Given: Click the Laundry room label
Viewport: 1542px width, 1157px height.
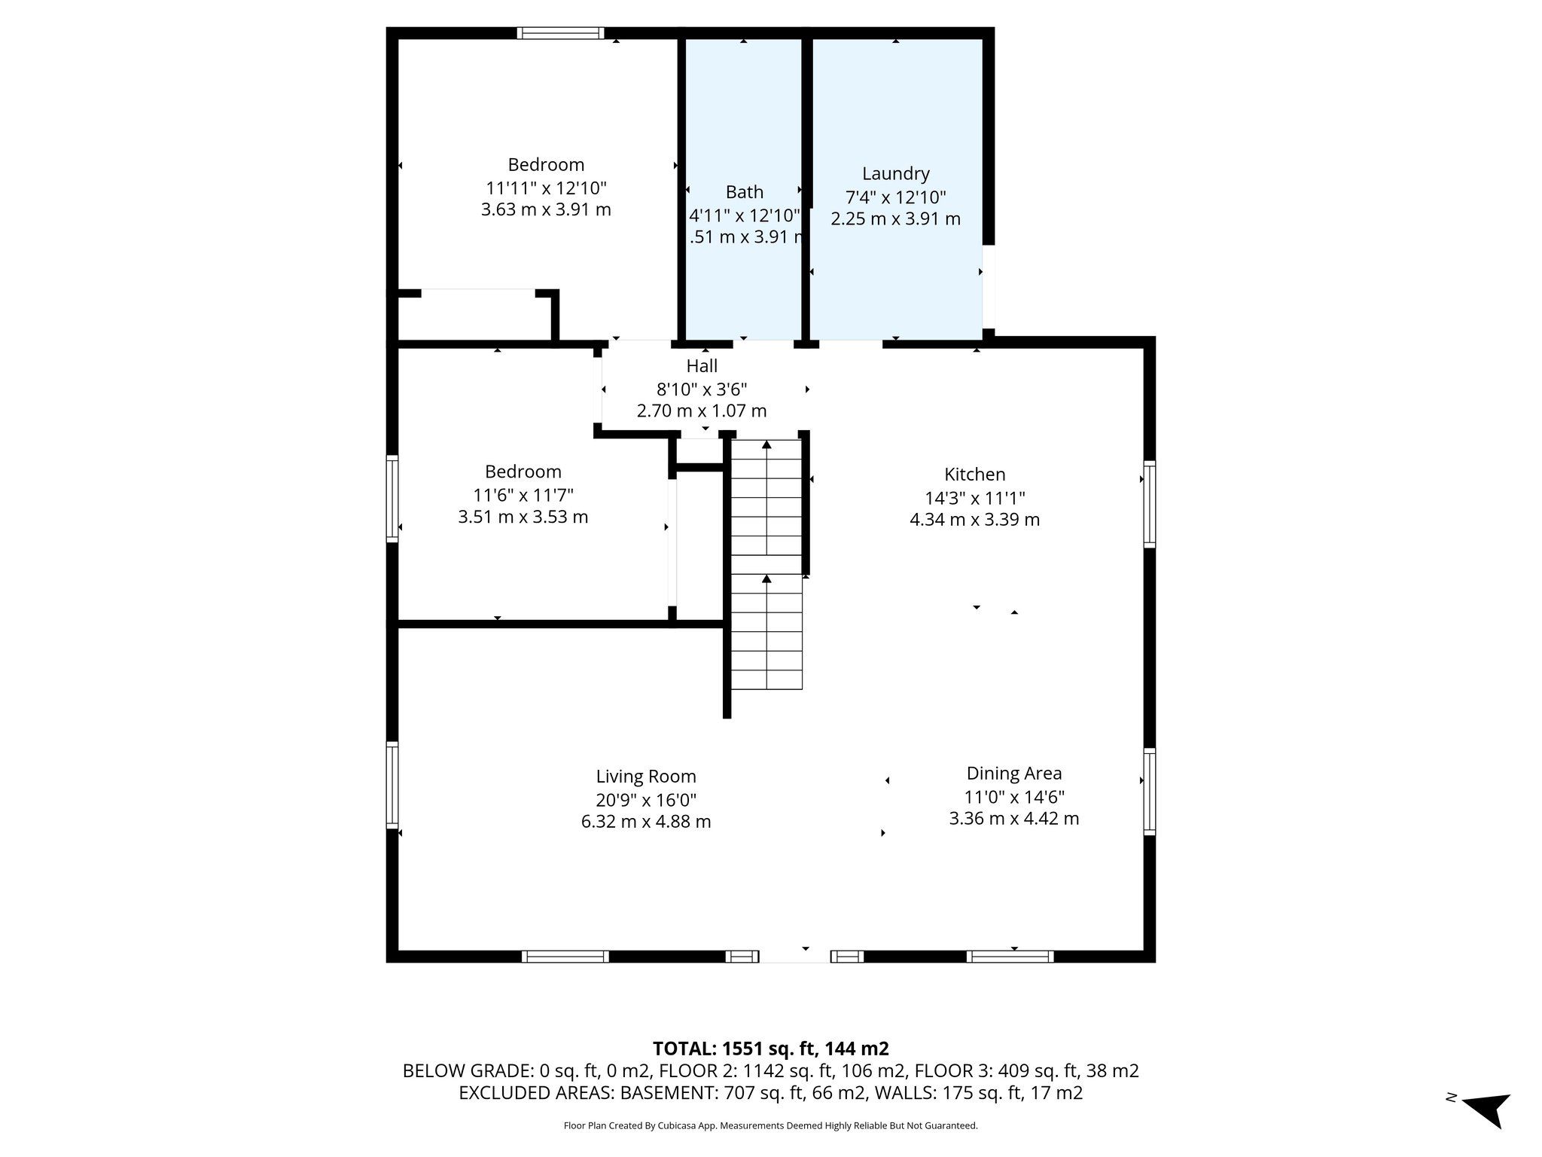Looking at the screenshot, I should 895,174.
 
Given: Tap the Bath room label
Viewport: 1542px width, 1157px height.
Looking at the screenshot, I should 744,192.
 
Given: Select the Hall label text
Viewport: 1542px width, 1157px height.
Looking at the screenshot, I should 702,366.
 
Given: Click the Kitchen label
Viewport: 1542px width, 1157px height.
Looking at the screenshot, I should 974,475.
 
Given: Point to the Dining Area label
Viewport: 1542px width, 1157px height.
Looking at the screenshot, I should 1013,773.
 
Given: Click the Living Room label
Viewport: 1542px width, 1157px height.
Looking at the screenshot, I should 646,777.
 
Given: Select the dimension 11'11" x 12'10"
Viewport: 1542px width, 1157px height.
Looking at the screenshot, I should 546,188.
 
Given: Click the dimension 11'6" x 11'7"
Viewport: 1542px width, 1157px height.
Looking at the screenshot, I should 523,495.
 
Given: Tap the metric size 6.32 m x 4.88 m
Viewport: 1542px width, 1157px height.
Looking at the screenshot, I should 646,822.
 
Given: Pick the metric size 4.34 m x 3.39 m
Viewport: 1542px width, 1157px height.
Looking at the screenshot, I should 974,520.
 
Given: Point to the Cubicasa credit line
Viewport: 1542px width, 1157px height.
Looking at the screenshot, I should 770,1125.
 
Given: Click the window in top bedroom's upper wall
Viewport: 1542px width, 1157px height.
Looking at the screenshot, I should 560,33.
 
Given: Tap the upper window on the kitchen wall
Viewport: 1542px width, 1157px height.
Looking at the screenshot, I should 1149,504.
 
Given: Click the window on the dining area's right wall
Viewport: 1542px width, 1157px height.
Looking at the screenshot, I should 1149,791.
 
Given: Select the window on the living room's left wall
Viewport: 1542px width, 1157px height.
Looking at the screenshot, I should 392,785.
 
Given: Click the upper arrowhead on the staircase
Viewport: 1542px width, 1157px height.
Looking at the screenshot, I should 766,445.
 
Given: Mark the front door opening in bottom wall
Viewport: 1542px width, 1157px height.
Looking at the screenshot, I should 794,957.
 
